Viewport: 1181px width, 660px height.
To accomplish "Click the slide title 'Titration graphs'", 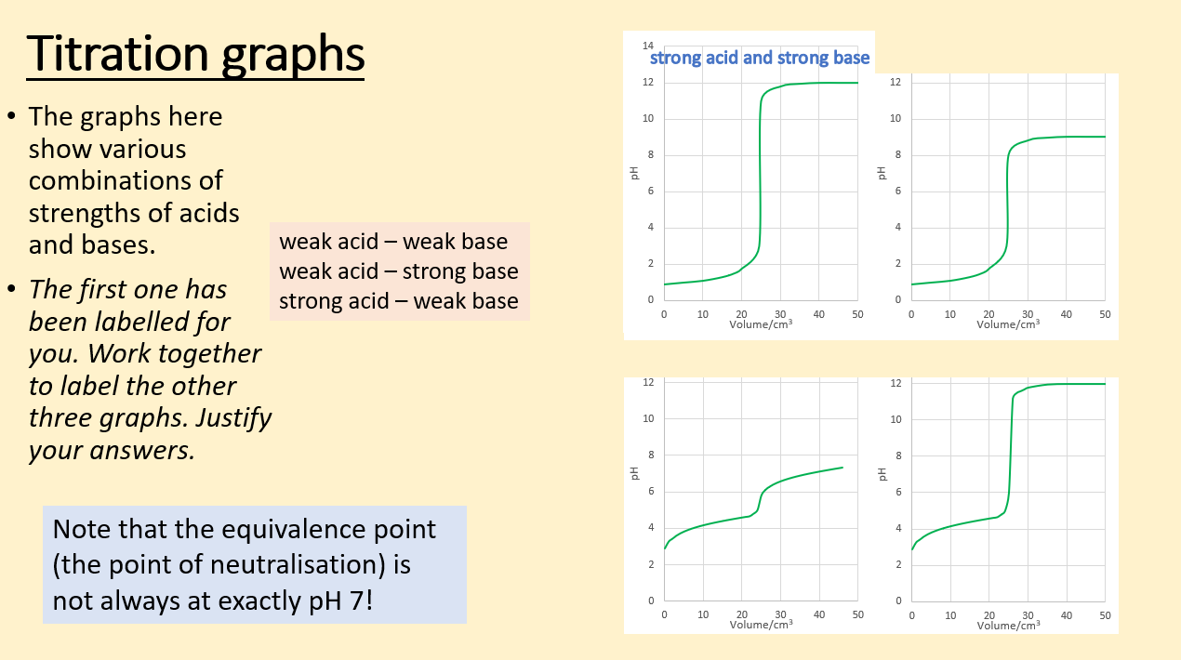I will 195,54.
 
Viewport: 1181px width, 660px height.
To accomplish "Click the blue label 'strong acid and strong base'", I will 760,58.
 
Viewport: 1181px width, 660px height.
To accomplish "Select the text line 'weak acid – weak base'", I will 393,242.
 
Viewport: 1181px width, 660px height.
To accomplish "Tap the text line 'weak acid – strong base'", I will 398,271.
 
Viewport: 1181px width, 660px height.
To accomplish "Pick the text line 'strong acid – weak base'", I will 398,301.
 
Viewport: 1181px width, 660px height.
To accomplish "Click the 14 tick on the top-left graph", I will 648,46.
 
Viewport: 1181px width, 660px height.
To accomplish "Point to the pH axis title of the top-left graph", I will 634,173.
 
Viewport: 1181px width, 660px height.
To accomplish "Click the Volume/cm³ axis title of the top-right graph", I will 1008,324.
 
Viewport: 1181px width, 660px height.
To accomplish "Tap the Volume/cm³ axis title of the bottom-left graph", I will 761,625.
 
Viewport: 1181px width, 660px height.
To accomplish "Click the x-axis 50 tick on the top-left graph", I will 857,314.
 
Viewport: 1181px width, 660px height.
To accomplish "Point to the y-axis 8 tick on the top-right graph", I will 896,155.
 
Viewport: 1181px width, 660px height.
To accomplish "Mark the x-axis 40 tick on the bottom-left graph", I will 819,614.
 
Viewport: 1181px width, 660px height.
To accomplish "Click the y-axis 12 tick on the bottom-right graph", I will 896,383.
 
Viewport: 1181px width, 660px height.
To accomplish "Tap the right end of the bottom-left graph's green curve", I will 843,468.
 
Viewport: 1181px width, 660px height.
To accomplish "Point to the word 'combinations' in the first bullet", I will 126,179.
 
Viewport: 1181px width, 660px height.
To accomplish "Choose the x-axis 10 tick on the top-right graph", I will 949,314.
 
